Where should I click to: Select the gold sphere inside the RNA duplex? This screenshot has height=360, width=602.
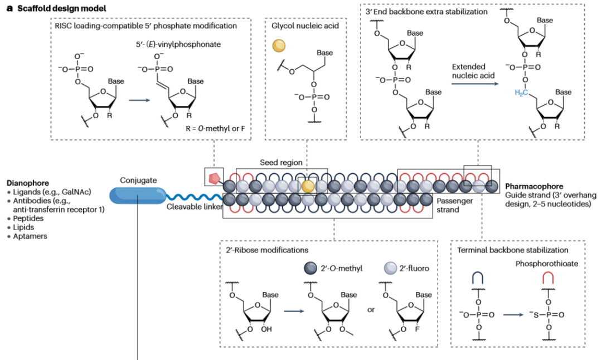307,186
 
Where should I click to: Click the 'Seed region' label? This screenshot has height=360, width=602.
281,162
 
